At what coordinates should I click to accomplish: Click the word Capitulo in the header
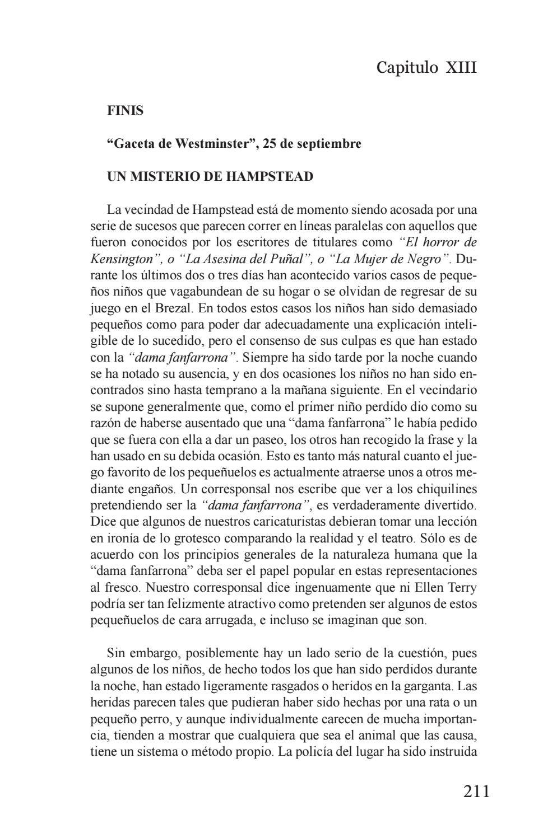pyautogui.click(x=407, y=68)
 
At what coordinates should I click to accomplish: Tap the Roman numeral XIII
pyautogui.click(x=461, y=68)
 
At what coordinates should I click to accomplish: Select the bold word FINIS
pyautogui.click(x=126, y=111)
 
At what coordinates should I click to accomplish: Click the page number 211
pyautogui.click(x=476, y=792)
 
